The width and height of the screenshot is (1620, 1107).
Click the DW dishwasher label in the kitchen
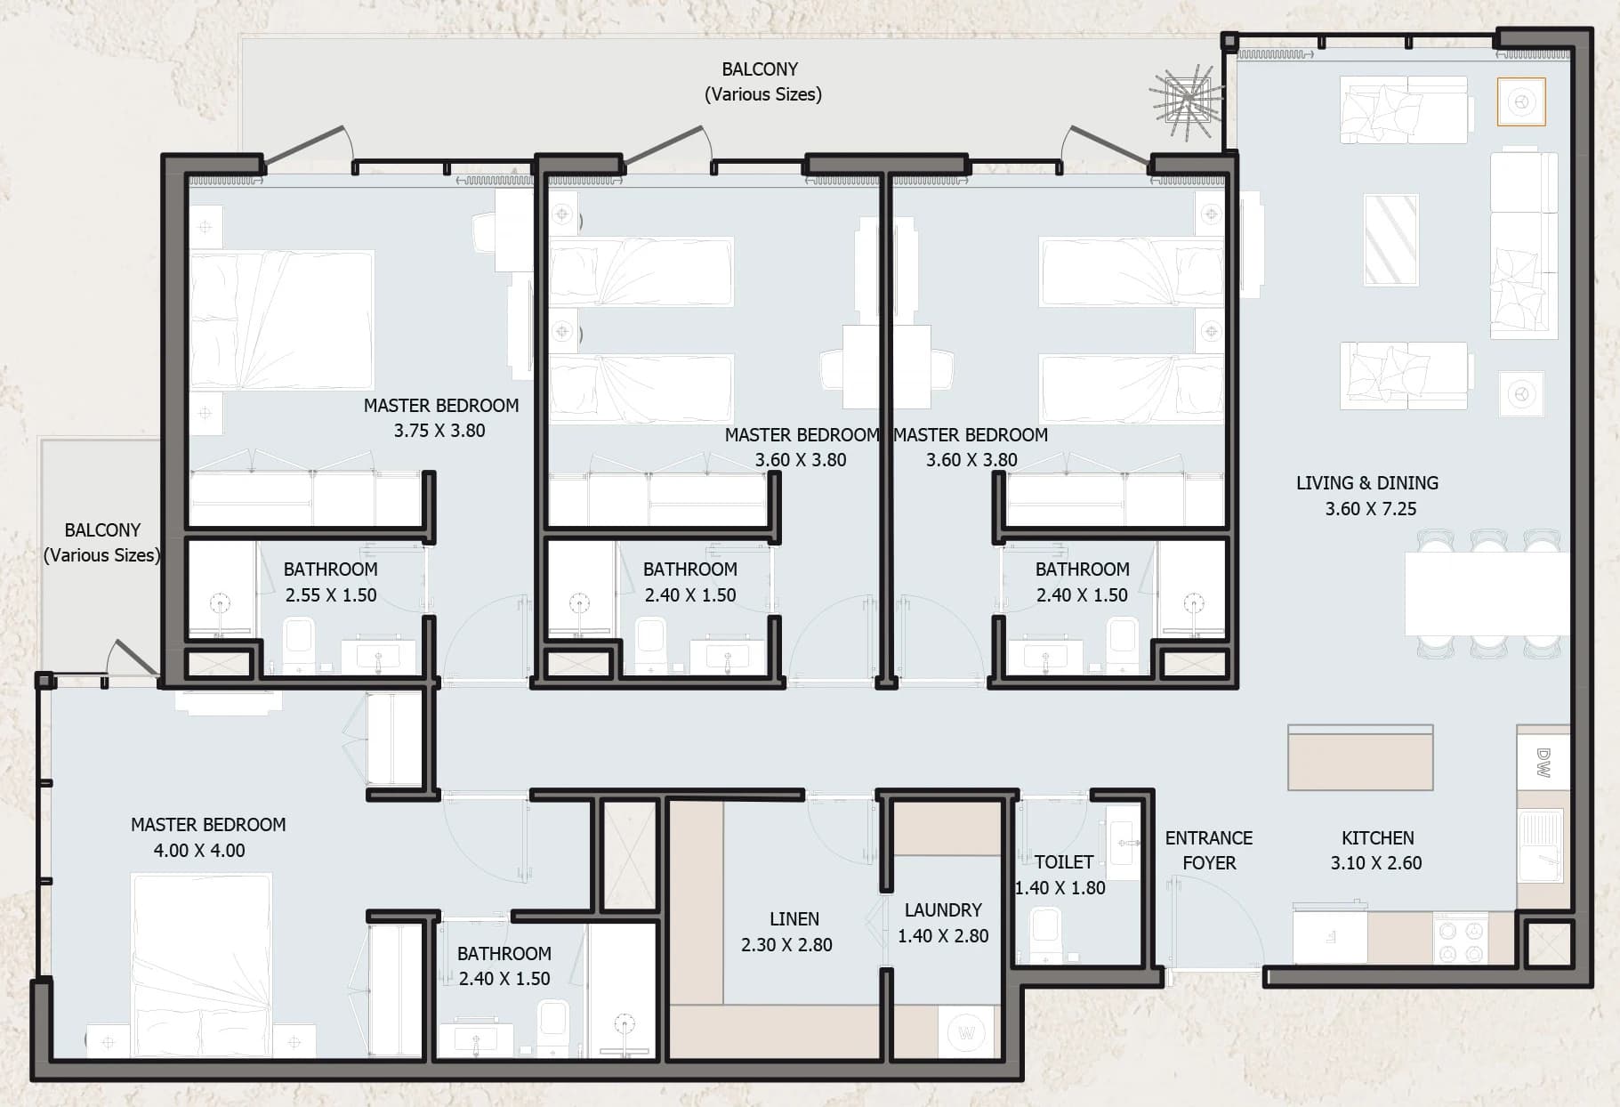pos(1543,763)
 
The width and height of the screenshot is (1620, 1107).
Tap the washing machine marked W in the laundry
pos(967,1033)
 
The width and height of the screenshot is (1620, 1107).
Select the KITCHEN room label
pos(1378,837)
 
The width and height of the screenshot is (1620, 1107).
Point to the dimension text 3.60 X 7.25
pos(1371,509)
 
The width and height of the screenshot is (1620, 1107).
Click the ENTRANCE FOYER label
pos(1209,850)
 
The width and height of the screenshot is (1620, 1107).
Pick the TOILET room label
pos(1064,861)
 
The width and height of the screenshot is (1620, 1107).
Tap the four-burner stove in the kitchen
pos(1460,940)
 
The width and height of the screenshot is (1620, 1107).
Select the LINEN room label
pos(794,918)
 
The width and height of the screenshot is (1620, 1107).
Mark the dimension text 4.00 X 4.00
pos(199,850)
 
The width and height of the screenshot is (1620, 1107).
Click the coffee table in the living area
pos(1391,239)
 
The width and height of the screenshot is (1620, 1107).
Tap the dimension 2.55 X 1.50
pos(331,594)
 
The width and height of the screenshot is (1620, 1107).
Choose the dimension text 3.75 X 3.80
pos(439,431)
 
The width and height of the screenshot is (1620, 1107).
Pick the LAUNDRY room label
pos(943,910)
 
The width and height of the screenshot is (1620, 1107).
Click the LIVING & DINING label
pos(1367,483)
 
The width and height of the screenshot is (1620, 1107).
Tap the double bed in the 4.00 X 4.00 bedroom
pos(202,966)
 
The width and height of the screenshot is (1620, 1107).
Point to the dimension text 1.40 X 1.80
pos(1060,887)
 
